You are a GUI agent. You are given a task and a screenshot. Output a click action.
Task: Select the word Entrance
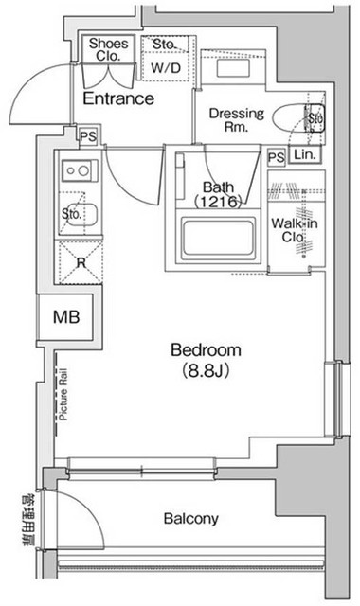(x=118, y=98)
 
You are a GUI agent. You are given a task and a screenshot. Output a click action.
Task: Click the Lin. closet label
(x=305, y=155)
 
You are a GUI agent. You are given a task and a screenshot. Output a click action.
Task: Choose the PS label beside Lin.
(x=277, y=157)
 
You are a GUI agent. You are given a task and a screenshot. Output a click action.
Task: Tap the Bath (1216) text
(x=220, y=194)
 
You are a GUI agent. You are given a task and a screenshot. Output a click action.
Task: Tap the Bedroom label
(x=206, y=349)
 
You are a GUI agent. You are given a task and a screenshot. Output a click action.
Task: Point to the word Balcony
(x=191, y=519)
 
